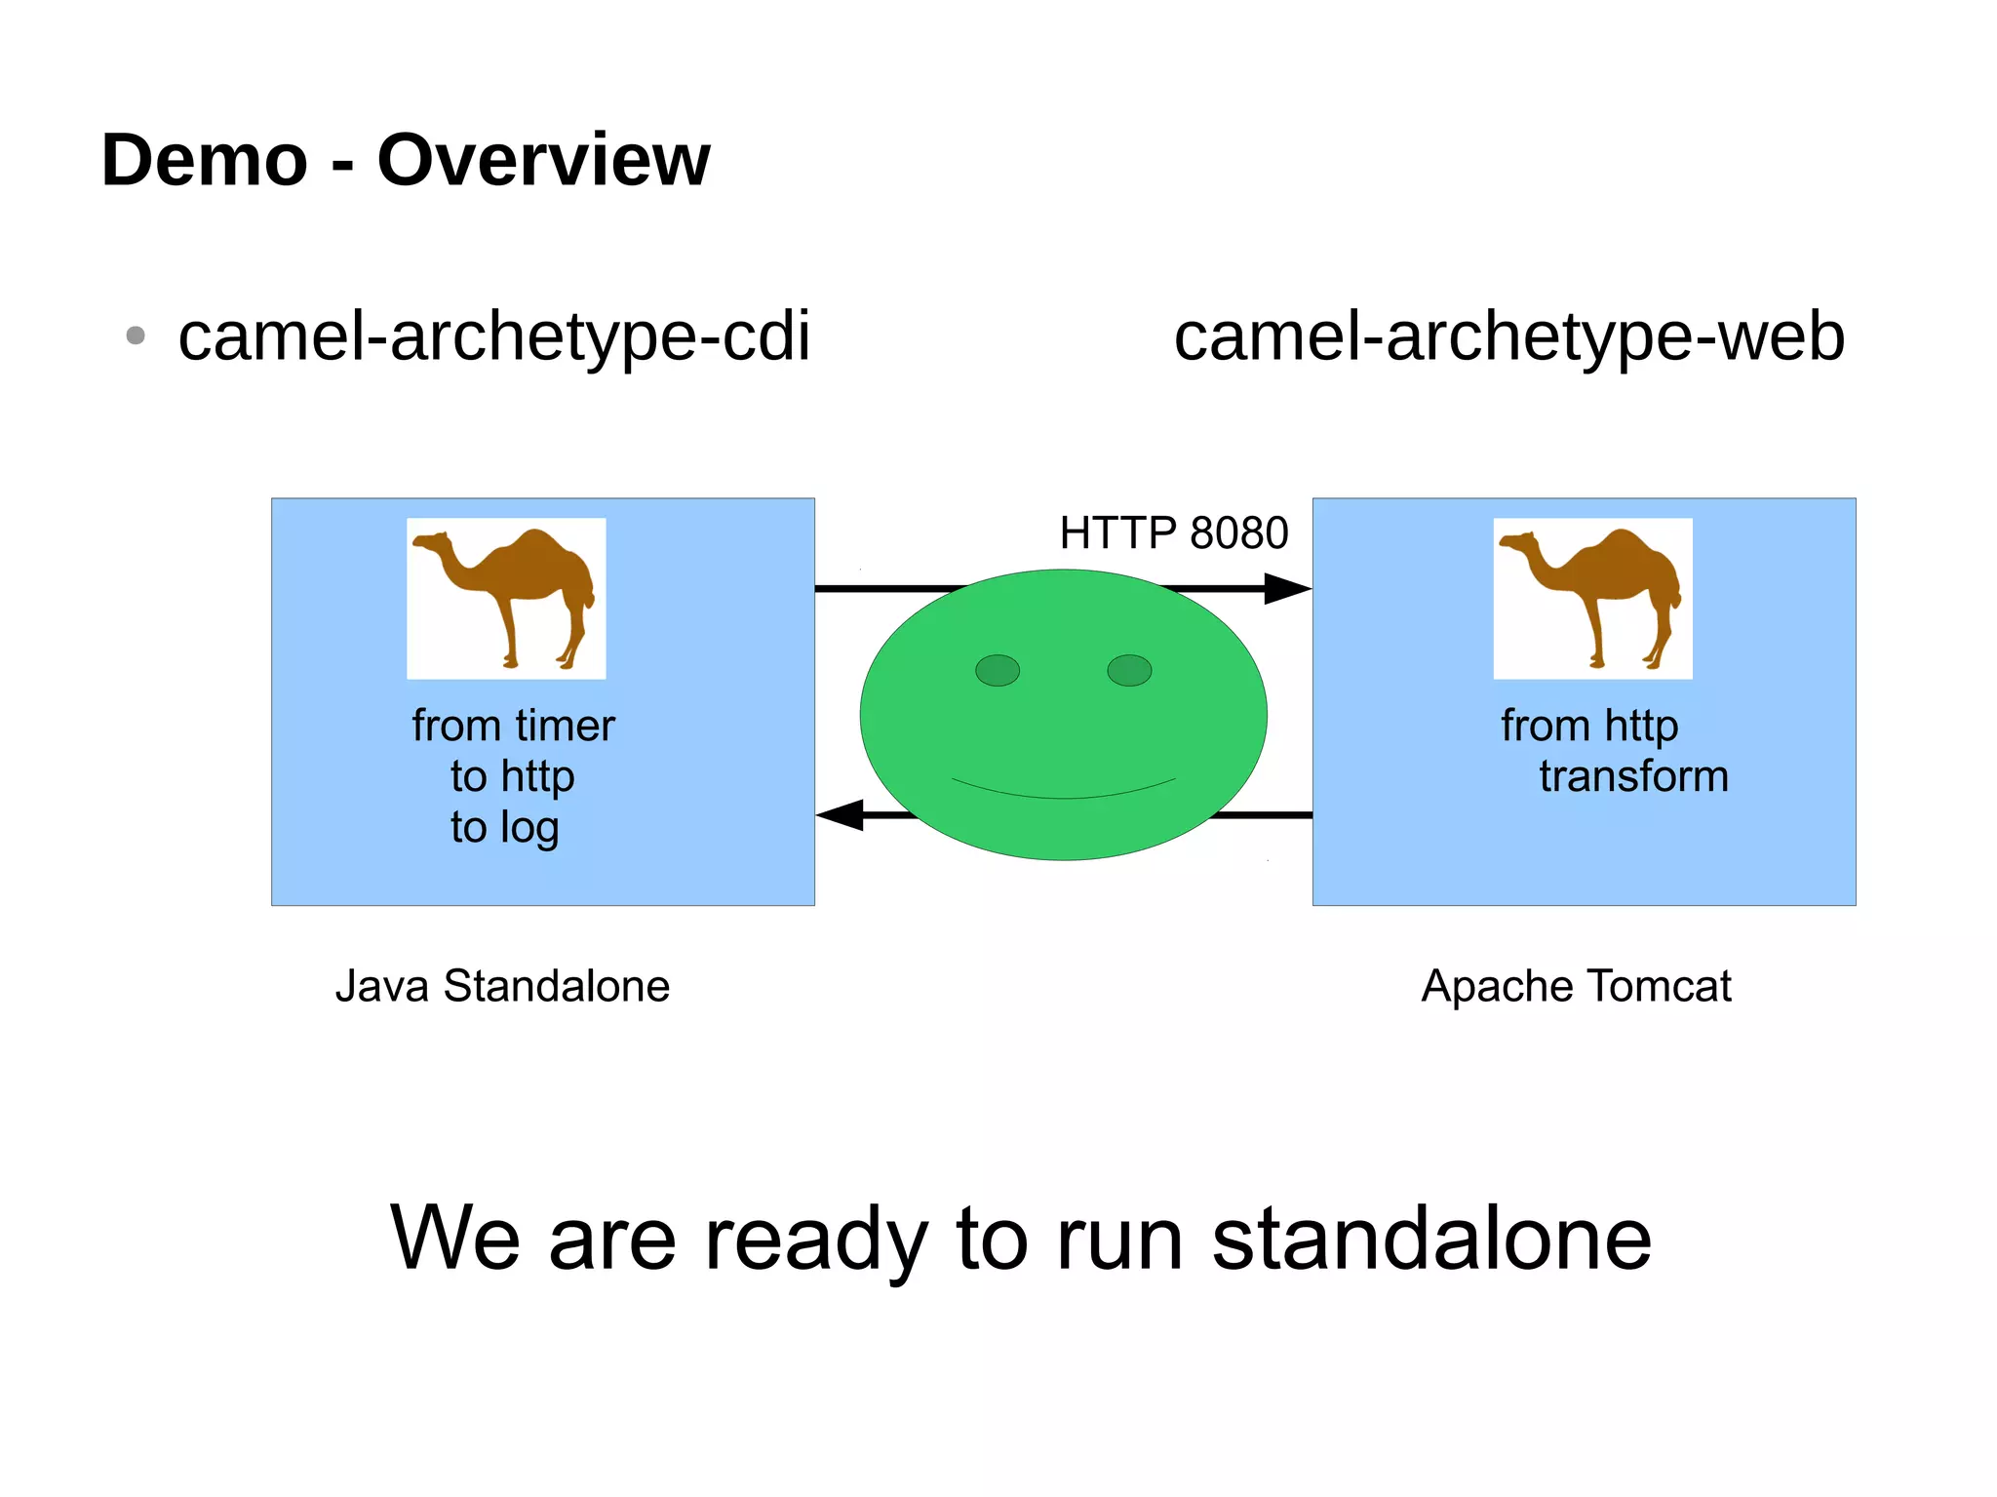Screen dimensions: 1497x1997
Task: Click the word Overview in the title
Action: coord(543,160)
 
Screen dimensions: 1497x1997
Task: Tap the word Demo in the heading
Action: coord(205,160)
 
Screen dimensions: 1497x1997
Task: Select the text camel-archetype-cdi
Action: coord(493,336)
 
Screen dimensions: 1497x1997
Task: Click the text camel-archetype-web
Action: coord(1508,336)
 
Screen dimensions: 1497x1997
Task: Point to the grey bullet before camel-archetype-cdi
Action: coord(136,336)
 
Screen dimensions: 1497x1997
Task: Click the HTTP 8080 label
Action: coord(1173,532)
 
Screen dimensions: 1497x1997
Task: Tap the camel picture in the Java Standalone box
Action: coord(506,598)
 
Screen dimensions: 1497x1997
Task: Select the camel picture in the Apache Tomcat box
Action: coord(1592,598)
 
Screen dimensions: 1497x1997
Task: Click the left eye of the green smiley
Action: coord(997,670)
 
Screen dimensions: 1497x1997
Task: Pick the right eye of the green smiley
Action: coord(1129,670)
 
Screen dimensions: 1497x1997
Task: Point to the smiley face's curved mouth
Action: coord(1064,792)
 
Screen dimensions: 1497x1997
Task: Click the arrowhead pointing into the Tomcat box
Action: coord(1286,588)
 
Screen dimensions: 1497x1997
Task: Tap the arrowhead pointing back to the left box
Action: coord(841,814)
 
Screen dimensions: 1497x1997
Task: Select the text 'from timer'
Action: coord(513,726)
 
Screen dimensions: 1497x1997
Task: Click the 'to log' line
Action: coord(504,827)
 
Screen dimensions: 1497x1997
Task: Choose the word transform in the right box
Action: coord(1633,776)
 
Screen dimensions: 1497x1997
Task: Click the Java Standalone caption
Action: coord(502,986)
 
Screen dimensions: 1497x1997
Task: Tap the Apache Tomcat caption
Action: coord(1576,986)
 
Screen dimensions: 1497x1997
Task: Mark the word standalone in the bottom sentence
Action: coord(1431,1238)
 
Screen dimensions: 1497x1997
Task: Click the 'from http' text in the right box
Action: coord(1588,726)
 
